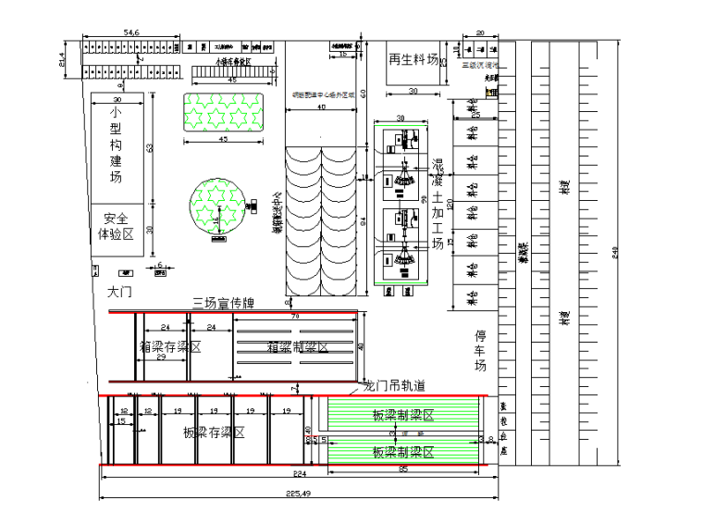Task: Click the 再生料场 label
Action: pyautogui.click(x=413, y=58)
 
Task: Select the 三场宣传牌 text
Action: pyautogui.click(x=223, y=303)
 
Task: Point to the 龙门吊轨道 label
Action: pyautogui.click(x=396, y=385)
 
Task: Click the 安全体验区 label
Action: pyautogui.click(x=116, y=226)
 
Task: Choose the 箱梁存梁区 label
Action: pyautogui.click(x=171, y=346)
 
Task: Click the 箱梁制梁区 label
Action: pyautogui.click(x=298, y=346)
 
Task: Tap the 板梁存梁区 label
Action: pyautogui.click(x=212, y=432)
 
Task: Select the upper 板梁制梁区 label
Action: pyautogui.click(x=403, y=416)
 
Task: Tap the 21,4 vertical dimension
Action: pyautogui.click(x=63, y=60)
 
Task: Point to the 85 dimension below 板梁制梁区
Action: pyautogui.click(x=402, y=469)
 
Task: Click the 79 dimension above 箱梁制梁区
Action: pyautogui.click(x=296, y=317)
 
